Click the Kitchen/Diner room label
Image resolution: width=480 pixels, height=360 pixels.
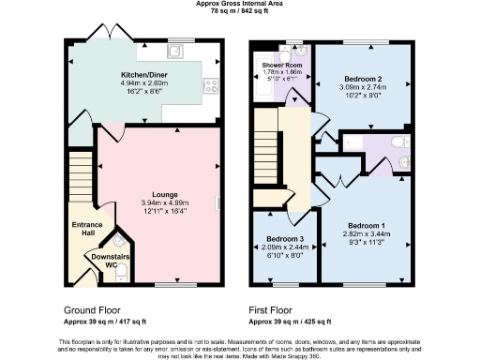tap(144, 72)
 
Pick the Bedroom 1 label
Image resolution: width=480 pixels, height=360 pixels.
tap(366, 227)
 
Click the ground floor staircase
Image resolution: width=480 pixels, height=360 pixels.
tap(81, 177)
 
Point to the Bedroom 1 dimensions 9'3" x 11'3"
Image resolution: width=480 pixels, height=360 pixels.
tap(366, 243)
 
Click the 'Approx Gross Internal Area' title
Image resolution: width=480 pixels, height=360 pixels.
tap(240, 4)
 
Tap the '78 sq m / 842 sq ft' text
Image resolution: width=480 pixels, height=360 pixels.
tap(240, 11)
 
